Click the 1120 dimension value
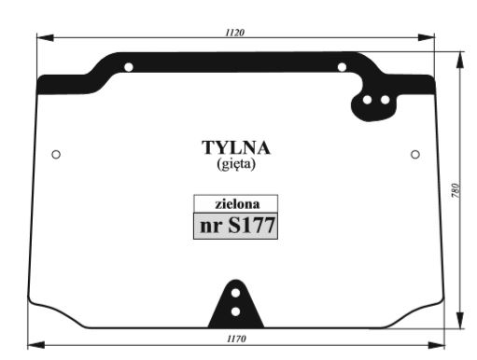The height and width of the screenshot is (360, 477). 235,33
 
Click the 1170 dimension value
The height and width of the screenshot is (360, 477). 236,339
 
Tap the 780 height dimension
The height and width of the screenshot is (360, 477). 455,190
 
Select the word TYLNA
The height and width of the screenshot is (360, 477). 236,148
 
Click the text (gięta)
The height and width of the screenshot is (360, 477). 236,164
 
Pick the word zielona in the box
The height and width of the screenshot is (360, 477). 237,204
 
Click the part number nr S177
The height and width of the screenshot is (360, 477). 238,226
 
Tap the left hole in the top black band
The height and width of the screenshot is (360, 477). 129,67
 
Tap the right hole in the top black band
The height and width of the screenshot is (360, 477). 342,67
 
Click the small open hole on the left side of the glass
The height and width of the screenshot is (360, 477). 56,154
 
